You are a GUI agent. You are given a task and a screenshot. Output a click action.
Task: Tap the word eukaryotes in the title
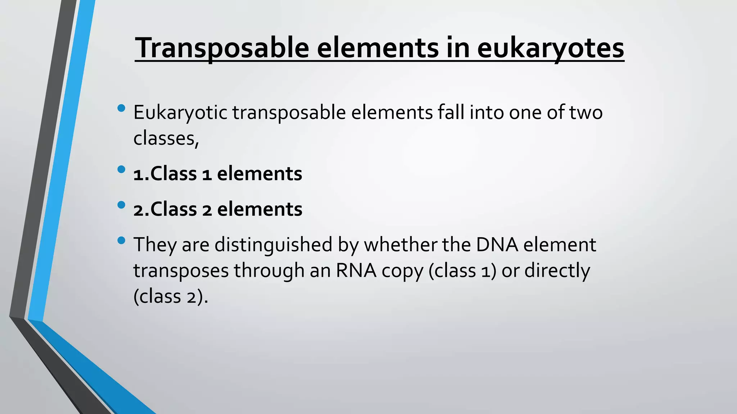(551, 48)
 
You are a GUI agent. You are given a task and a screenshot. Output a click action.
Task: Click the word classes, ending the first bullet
(166, 138)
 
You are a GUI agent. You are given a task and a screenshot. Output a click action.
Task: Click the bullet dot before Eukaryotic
(121, 108)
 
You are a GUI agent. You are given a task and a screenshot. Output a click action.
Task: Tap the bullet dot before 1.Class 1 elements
(121, 169)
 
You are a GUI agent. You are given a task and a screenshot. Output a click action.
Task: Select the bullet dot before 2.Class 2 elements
(121, 205)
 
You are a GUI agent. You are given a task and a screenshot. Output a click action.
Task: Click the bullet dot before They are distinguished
(121, 240)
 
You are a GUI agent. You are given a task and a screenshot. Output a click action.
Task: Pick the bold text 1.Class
(165, 174)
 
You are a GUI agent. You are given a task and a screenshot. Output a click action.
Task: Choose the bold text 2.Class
(165, 209)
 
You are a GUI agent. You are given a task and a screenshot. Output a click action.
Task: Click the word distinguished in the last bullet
(273, 245)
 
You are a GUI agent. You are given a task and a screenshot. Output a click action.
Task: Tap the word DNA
(497, 245)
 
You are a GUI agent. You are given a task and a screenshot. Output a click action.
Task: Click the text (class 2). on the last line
(171, 296)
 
